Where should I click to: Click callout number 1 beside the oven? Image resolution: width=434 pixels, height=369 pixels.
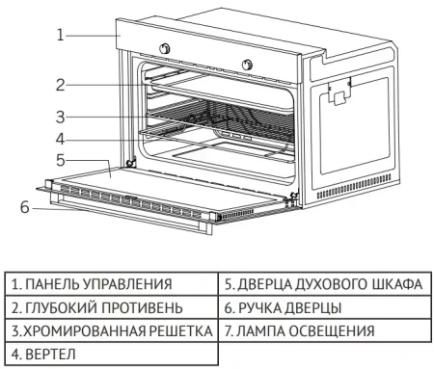coord(60,35)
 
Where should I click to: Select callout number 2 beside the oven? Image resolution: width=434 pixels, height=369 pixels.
coord(60,85)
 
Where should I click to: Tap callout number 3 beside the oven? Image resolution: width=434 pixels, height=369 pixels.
coord(60,118)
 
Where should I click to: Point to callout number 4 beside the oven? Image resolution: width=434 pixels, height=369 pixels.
coord(60,139)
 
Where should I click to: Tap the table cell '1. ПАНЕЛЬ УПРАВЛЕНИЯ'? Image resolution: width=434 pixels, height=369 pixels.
coord(112,284)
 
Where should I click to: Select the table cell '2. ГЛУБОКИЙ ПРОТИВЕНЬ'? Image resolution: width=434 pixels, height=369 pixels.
coord(112,307)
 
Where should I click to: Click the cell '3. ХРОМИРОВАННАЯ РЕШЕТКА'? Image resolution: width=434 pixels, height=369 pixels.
coord(112,330)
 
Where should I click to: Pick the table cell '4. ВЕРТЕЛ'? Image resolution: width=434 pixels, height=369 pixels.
coord(112,354)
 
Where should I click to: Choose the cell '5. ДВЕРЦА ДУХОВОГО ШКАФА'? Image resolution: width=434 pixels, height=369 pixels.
coord(323,284)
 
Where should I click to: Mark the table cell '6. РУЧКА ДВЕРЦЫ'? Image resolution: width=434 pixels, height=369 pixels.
coord(323,307)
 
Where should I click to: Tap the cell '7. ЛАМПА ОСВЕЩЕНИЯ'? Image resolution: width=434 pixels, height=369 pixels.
coord(323,330)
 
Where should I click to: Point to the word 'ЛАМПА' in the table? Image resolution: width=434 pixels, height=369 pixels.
coord(262,330)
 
